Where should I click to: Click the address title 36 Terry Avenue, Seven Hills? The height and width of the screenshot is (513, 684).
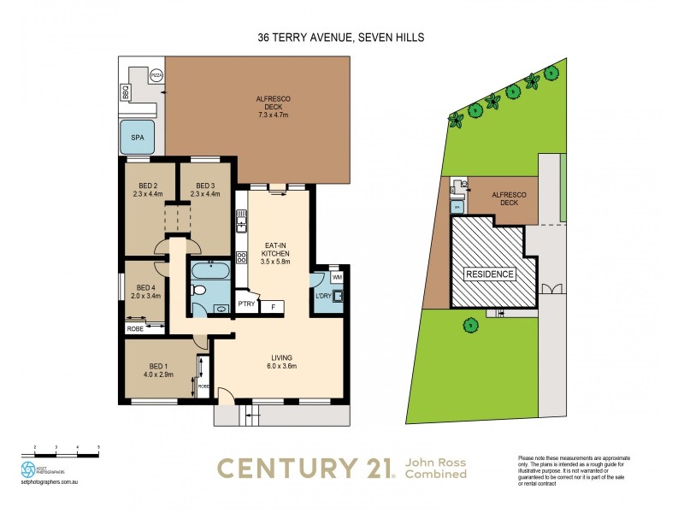(341, 38)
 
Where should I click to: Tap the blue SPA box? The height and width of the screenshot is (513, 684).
(137, 138)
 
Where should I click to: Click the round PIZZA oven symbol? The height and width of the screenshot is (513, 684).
(156, 75)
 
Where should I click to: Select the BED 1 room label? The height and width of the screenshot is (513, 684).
(160, 370)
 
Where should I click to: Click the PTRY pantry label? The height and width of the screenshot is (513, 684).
(246, 304)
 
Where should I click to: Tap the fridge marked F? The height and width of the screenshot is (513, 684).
(273, 305)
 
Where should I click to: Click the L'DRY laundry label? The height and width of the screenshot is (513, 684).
(323, 297)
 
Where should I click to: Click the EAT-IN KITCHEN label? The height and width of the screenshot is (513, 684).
(275, 254)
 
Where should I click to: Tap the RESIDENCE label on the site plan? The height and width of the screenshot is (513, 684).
(490, 274)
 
